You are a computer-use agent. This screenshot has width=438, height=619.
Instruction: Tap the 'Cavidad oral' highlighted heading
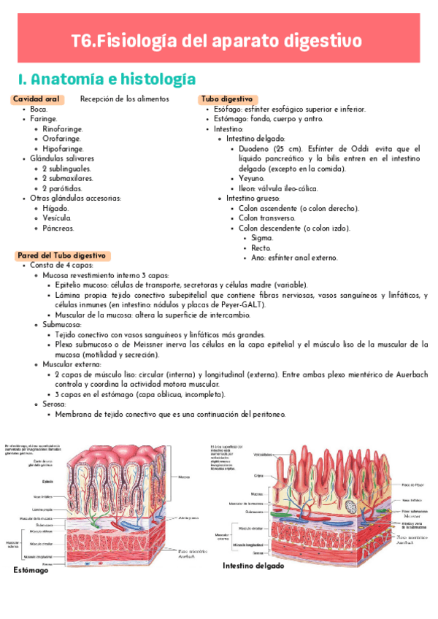point(36,99)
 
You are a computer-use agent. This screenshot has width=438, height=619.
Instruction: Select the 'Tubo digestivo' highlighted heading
point(227,99)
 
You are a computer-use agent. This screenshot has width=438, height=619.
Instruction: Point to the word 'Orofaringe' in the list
point(62,138)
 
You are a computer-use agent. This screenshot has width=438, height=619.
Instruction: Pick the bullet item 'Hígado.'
point(56,208)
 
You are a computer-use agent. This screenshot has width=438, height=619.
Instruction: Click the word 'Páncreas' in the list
point(58,228)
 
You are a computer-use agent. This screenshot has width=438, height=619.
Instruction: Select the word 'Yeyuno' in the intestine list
point(251,178)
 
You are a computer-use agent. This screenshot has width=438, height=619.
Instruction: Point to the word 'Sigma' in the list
point(262,238)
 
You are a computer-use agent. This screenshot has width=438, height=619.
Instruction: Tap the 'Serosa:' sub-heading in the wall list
point(55,404)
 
